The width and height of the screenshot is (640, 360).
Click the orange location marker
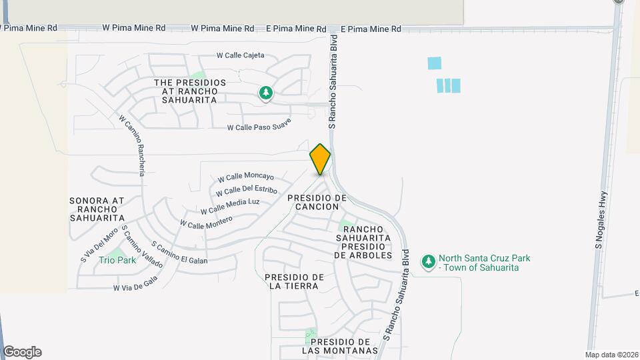320,159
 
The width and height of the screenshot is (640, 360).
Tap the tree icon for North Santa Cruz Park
429,263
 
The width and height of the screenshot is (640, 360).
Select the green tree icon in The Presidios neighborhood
266,93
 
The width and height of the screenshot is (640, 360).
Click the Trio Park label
117,260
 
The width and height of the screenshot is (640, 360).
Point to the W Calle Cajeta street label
241,55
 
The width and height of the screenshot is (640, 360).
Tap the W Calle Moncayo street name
246,177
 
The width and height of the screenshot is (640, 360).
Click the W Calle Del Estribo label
242,191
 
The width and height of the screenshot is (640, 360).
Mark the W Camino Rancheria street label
132,145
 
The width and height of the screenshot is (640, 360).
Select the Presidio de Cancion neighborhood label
317,202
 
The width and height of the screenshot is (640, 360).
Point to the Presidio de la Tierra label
294,281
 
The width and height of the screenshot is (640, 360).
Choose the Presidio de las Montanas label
340,345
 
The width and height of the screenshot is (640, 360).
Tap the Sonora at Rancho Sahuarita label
97,209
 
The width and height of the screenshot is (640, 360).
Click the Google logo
22,351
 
